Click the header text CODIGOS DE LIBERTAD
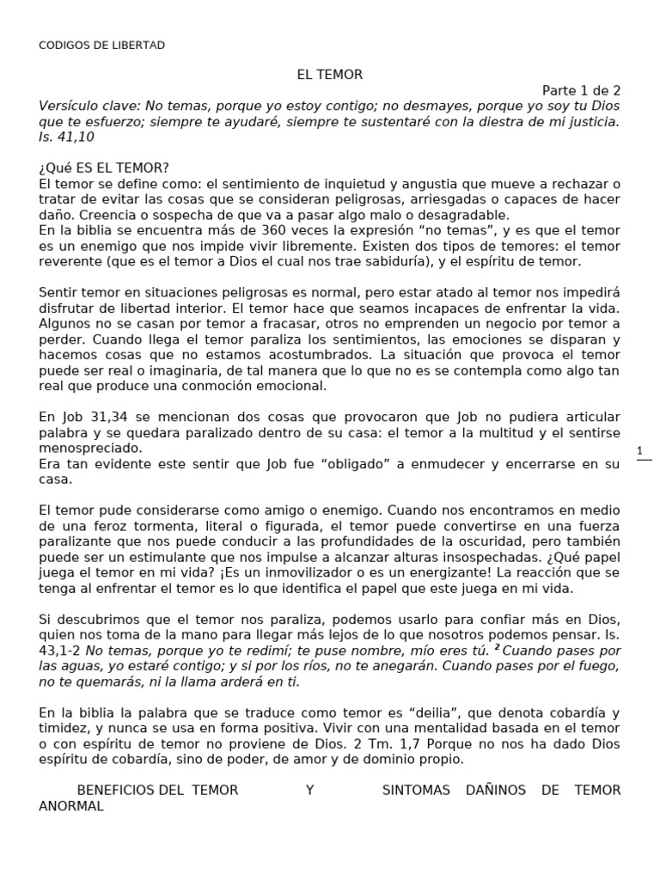click(x=102, y=45)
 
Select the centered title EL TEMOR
click(x=330, y=75)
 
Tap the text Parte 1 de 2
click(x=581, y=90)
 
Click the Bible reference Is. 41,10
click(x=67, y=137)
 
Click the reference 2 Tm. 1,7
click(x=389, y=743)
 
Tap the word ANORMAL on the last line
click(x=71, y=806)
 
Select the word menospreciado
click(x=91, y=448)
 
